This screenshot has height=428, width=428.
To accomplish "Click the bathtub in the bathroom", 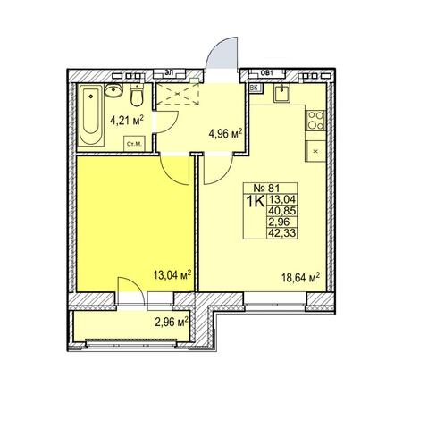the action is coord(91,114).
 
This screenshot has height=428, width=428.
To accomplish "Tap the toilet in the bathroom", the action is coord(137,96).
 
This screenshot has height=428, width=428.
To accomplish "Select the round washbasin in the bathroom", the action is coord(113,89).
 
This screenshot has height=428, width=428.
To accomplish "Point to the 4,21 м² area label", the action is coord(127,121).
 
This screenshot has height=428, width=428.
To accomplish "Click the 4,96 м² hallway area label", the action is coord(225,134).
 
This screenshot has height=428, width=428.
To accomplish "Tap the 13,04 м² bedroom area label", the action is coord(172,275).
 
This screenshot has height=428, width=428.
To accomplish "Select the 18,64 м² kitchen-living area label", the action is coord(301,278).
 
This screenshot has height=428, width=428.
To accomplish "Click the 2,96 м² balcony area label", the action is coord(172,322).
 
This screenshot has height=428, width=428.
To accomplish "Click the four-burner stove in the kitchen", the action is coord(315,121).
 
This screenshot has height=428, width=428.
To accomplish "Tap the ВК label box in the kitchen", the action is coord(255,88).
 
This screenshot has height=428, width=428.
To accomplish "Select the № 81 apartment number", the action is coord(266,189).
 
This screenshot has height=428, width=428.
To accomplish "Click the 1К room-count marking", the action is coord(256,202).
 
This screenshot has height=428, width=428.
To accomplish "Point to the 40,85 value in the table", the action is coord(282,211).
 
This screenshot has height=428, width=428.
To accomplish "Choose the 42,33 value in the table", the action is coord(282,232).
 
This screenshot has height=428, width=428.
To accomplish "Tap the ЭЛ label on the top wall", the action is coord(169,72).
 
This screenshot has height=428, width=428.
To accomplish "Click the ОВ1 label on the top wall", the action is coord(267,72).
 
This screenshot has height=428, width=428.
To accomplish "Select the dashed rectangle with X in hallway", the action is coord(178,94).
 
